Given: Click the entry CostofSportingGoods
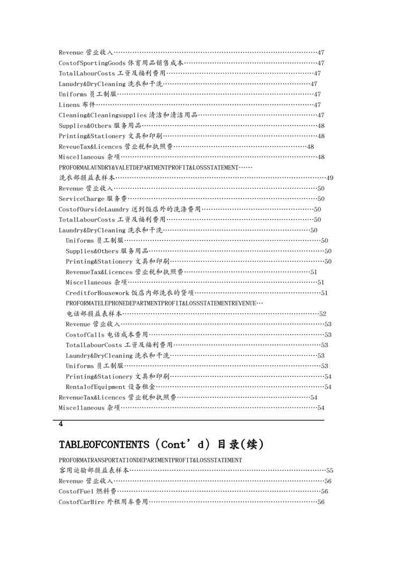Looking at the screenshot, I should tap(92, 63).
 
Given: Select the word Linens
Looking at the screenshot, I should tap(69, 105).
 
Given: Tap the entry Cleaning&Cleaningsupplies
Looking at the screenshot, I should tap(102, 115).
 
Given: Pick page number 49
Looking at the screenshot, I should tap(330, 178).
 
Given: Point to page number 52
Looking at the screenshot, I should tap(323, 314).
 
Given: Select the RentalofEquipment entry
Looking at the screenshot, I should tap(96, 387).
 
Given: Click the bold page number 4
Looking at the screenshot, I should tap(61, 424).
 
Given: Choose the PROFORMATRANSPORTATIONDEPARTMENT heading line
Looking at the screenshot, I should tap(150, 460).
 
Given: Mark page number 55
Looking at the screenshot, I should tap(330, 471).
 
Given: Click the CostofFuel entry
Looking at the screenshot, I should tap(78, 492).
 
